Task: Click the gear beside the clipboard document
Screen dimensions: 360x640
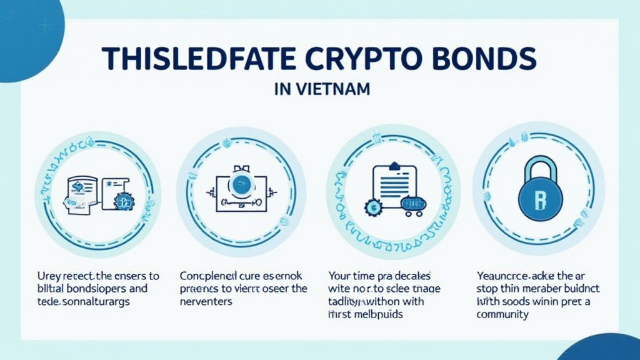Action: pos(374,207)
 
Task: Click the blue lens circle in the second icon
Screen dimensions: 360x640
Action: pos(240,183)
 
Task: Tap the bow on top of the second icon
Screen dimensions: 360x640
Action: pos(240,167)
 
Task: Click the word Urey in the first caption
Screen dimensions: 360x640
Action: pos(46,276)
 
